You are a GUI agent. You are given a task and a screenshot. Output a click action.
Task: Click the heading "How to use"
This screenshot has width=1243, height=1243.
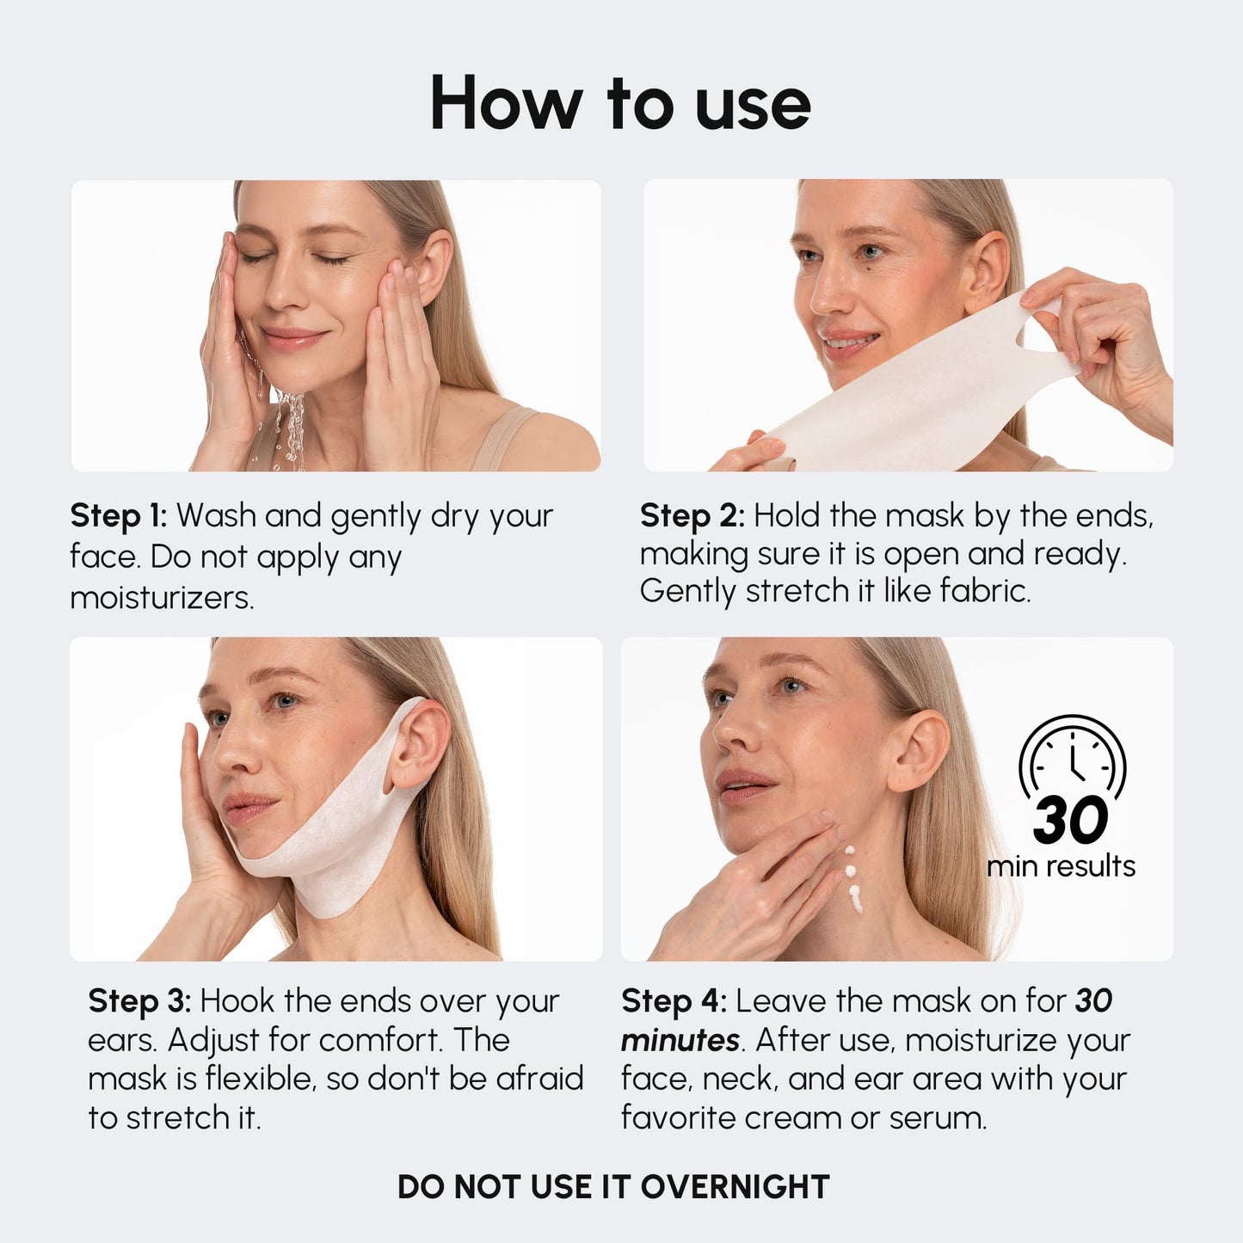620,103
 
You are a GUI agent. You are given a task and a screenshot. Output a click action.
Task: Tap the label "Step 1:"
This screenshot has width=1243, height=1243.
118,516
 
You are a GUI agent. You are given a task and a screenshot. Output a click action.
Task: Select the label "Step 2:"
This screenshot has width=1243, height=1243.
692,516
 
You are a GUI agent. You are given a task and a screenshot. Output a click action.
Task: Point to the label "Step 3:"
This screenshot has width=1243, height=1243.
140,1001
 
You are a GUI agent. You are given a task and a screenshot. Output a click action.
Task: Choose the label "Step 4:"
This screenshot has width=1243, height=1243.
674,1001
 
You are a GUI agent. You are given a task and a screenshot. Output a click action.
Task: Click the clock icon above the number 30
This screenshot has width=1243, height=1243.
1072,756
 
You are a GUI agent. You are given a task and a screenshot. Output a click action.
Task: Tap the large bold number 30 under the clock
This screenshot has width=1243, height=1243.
1071,820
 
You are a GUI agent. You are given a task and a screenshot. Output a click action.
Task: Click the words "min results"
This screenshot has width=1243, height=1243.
1061,866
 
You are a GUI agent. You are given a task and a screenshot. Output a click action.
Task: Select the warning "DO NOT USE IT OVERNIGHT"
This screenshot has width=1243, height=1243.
613,1186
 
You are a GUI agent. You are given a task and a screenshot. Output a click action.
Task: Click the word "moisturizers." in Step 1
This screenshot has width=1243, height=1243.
162,598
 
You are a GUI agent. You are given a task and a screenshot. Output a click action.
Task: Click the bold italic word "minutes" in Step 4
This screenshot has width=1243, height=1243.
680,1041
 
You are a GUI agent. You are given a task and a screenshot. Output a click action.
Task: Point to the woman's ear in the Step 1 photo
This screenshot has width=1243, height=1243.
435,267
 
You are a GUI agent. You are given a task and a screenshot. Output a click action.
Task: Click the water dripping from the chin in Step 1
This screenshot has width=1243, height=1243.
289,426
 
